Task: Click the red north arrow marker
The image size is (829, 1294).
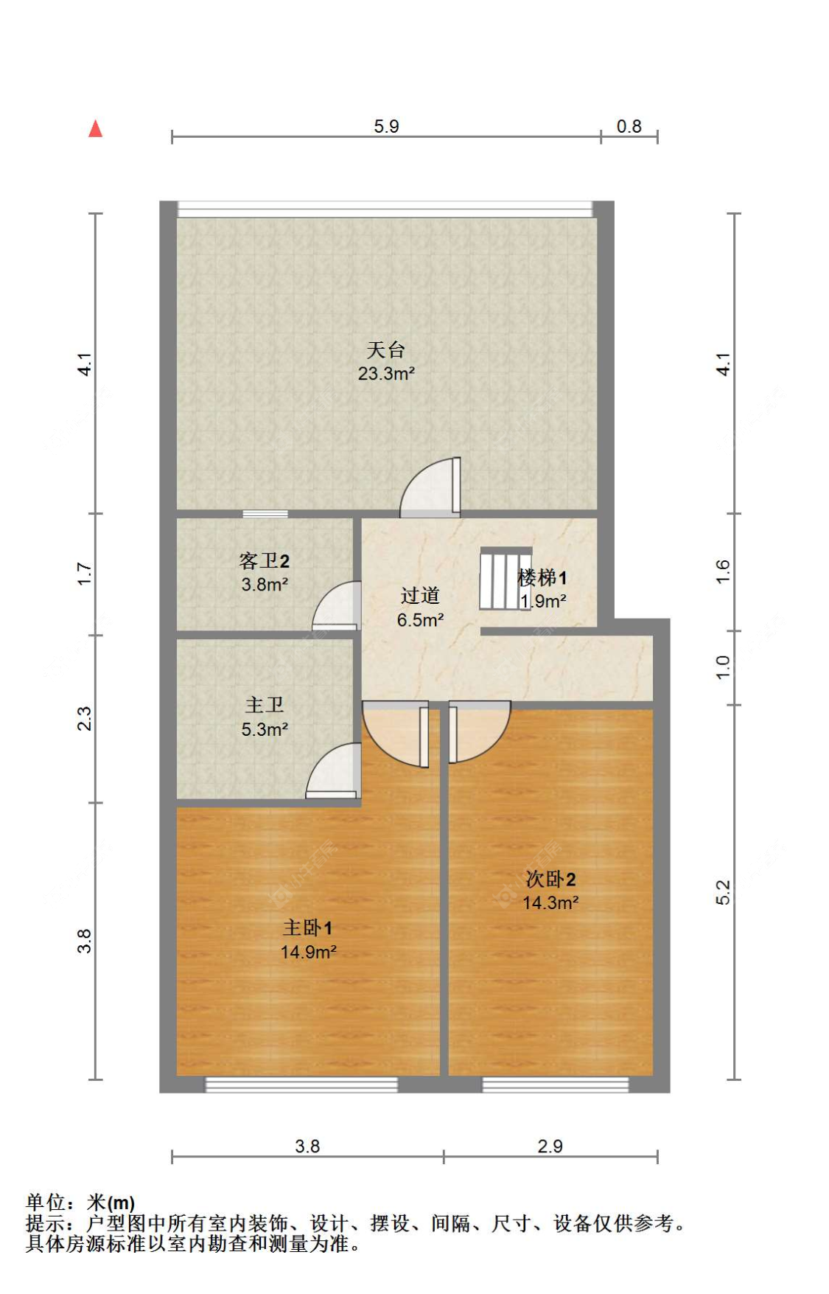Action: tap(95, 129)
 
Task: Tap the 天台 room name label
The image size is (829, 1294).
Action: tap(385, 349)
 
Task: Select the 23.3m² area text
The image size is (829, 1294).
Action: tap(386, 374)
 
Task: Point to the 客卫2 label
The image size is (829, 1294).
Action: tap(264, 561)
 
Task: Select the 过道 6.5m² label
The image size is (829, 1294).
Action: tap(420, 607)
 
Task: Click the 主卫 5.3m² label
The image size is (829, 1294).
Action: tap(265, 717)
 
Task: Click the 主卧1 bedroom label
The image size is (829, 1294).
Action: tap(307, 928)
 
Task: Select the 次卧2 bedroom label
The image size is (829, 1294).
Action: tap(550, 879)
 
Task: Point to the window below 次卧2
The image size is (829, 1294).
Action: tap(555, 1084)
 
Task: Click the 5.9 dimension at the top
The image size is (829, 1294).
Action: tap(386, 126)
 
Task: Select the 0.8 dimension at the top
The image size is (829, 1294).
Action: tap(629, 127)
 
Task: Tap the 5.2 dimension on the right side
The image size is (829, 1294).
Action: tap(723, 892)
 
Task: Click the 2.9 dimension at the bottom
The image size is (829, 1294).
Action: tap(550, 1146)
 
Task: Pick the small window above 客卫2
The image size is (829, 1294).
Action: tap(265, 514)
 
